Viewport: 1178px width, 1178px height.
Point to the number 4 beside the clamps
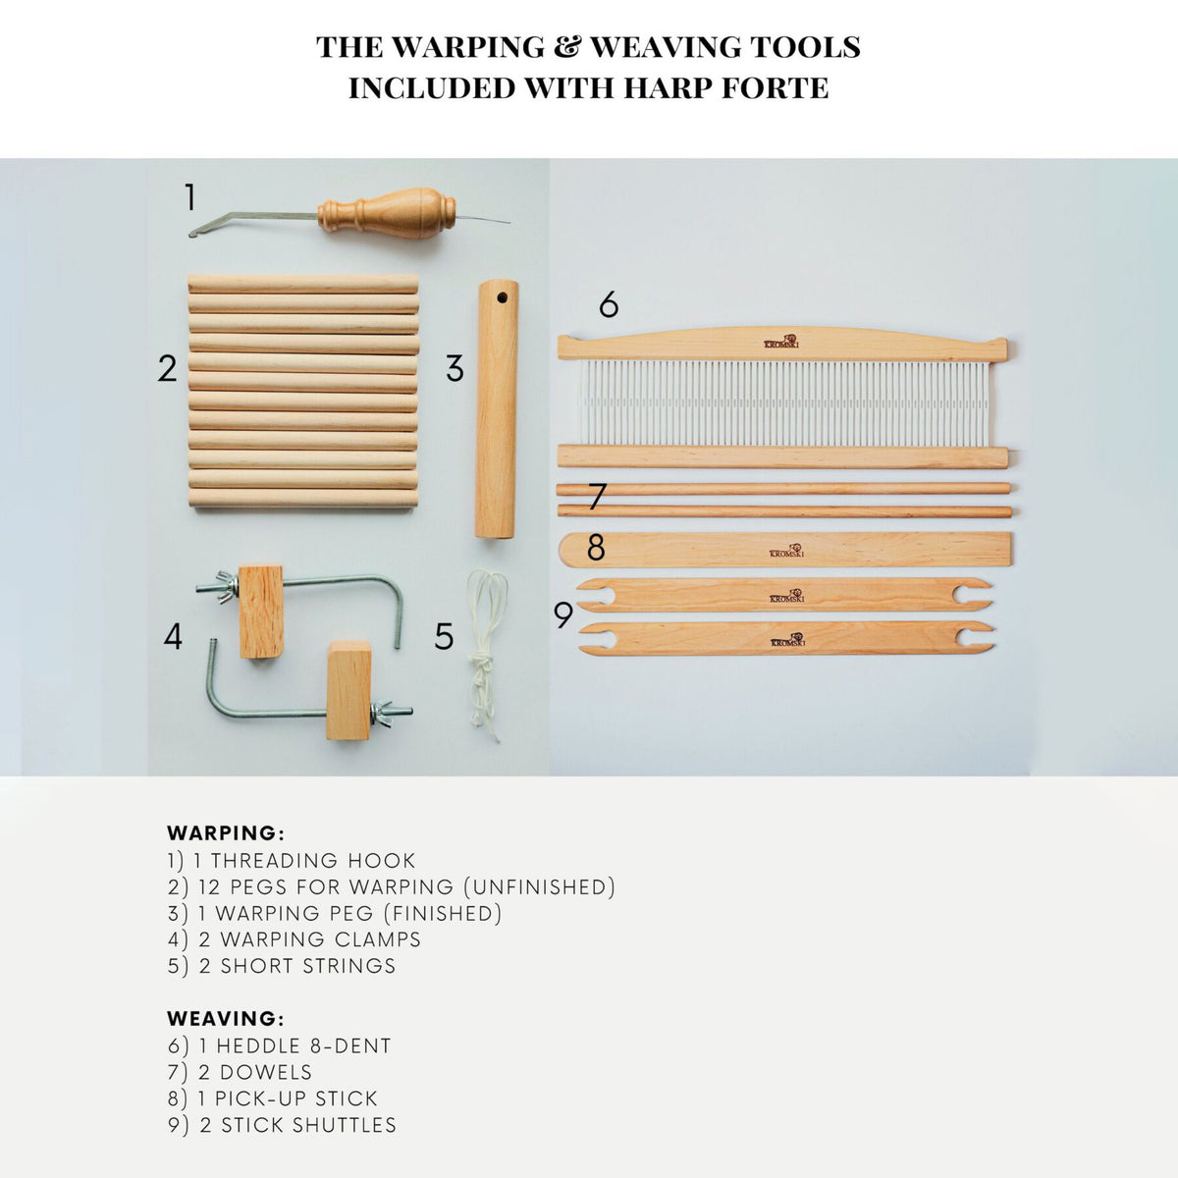click(x=173, y=637)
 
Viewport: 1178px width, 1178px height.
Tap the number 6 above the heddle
click(x=609, y=305)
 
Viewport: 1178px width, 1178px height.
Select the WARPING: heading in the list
click(x=226, y=833)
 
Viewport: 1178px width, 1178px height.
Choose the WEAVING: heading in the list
click(x=226, y=1019)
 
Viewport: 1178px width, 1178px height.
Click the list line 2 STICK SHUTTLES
click(x=283, y=1125)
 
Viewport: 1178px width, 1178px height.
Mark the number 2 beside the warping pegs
click(x=167, y=369)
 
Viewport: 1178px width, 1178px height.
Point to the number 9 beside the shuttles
click(x=562, y=615)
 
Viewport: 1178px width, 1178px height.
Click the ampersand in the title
click(x=564, y=47)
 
